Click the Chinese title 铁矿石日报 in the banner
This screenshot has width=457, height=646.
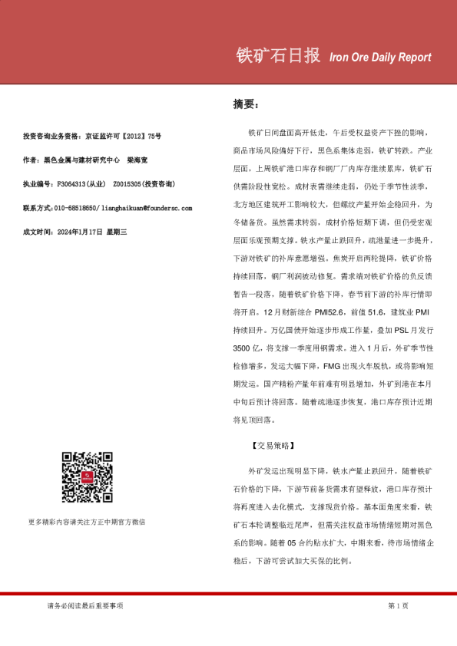(277, 56)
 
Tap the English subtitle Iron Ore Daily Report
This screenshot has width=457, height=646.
(379, 58)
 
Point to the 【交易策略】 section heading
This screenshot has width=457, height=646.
(273, 445)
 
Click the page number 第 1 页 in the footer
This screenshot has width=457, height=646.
(398, 607)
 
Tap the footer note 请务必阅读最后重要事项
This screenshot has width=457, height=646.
(84, 607)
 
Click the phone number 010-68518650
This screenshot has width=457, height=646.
(75, 208)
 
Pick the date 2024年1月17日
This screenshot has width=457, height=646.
(81, 232)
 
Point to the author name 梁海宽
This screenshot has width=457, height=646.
(138, 160)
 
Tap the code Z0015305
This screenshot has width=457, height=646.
(126, 184)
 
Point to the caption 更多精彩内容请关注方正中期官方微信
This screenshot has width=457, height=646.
(86, 522)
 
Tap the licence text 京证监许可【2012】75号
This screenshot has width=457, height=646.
(124, 136)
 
